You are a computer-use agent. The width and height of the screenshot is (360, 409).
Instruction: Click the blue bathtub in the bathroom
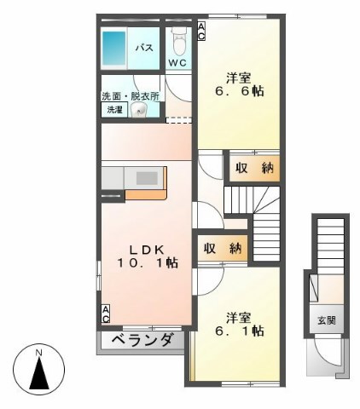pos(113,48)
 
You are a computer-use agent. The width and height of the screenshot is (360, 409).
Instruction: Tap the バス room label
pos(144,48)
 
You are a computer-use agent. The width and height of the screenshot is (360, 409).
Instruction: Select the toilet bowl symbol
pos(179,42)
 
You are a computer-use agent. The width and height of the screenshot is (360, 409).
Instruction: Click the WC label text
pos(177,62)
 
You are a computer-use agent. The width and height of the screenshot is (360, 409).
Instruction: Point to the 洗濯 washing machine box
pos(114,110)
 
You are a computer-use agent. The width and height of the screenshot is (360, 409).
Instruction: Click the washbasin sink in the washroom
pos(139,110)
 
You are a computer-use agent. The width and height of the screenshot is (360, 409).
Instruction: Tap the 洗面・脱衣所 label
pos(131,96)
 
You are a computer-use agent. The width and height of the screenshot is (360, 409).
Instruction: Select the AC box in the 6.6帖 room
pos(201,32)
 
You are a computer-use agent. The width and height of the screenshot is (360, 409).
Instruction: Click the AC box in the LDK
pos(106,314)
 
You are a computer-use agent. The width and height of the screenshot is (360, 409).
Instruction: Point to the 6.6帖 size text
pos(240,91)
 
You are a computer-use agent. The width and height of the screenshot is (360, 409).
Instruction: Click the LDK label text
pos(147,250)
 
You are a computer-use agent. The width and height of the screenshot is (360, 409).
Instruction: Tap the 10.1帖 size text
pos(148,263)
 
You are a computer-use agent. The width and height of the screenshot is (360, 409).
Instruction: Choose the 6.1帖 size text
pos(240,331)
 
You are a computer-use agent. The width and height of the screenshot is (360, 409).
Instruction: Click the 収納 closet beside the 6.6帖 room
pos(254,169)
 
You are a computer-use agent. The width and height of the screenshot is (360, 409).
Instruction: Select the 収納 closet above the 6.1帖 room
pos(223,249)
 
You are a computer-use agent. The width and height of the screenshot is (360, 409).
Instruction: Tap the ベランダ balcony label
pos(142,340)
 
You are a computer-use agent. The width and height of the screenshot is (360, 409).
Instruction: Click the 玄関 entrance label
pos(327,320)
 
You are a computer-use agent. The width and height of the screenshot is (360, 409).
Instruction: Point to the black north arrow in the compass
pos(39,373)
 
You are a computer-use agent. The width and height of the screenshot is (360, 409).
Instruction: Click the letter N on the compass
pos(38,353)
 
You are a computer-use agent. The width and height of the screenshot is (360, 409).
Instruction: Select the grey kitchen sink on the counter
pos(147,178)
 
